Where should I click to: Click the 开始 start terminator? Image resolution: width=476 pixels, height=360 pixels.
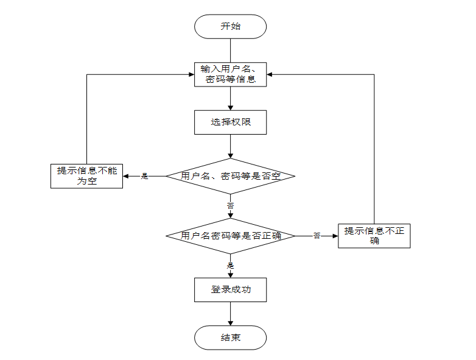click(230, 26)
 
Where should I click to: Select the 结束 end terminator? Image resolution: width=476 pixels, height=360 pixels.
click(230, 337)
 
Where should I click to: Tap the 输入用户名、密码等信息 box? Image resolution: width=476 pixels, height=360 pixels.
click(230, 74)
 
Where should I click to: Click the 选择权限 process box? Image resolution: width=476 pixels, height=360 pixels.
click(230, 122)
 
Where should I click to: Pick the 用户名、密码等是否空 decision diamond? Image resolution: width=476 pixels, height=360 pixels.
click(230, 176)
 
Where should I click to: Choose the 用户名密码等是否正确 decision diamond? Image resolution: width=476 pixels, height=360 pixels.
click(230, 236)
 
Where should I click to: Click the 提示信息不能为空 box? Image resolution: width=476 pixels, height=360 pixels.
click(86, 176)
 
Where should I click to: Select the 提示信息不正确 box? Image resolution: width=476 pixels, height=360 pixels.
click(374, 236)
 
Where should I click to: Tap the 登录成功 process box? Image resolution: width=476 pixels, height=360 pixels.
click(230, 289)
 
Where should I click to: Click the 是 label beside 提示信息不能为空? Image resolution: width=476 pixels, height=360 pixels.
click(145, 176)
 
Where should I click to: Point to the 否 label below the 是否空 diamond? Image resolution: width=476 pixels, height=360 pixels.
click(230, 206)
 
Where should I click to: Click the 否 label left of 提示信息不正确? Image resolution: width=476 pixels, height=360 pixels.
click(317, 236)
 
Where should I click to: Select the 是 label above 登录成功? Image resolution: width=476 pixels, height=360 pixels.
click(230, 266)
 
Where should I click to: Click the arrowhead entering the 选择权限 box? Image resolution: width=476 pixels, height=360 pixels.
click(230, 107)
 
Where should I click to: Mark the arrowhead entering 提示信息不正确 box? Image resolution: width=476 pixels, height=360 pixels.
click(334, 236)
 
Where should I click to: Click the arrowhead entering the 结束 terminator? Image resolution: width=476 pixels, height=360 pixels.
click(230, 323)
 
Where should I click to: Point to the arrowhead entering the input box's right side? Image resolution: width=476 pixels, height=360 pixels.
click(270, 74)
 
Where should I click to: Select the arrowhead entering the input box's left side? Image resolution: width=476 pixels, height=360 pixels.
click(191, 74)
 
